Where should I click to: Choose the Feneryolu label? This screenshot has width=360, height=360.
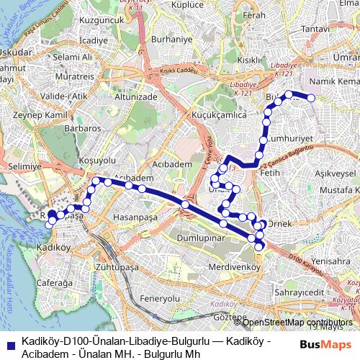160,297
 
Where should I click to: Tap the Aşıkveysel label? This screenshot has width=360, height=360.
337,174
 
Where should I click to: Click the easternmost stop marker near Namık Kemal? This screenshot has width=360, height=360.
312,98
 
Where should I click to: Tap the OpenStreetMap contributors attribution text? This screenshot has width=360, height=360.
299,322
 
